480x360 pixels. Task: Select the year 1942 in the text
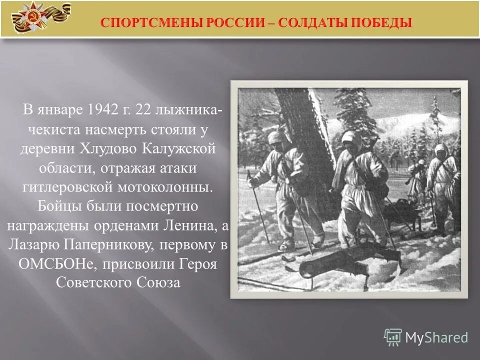(105, 109)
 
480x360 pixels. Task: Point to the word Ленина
(189, 226)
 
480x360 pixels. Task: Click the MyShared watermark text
(436, 337)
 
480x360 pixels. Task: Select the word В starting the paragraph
(29, 109)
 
